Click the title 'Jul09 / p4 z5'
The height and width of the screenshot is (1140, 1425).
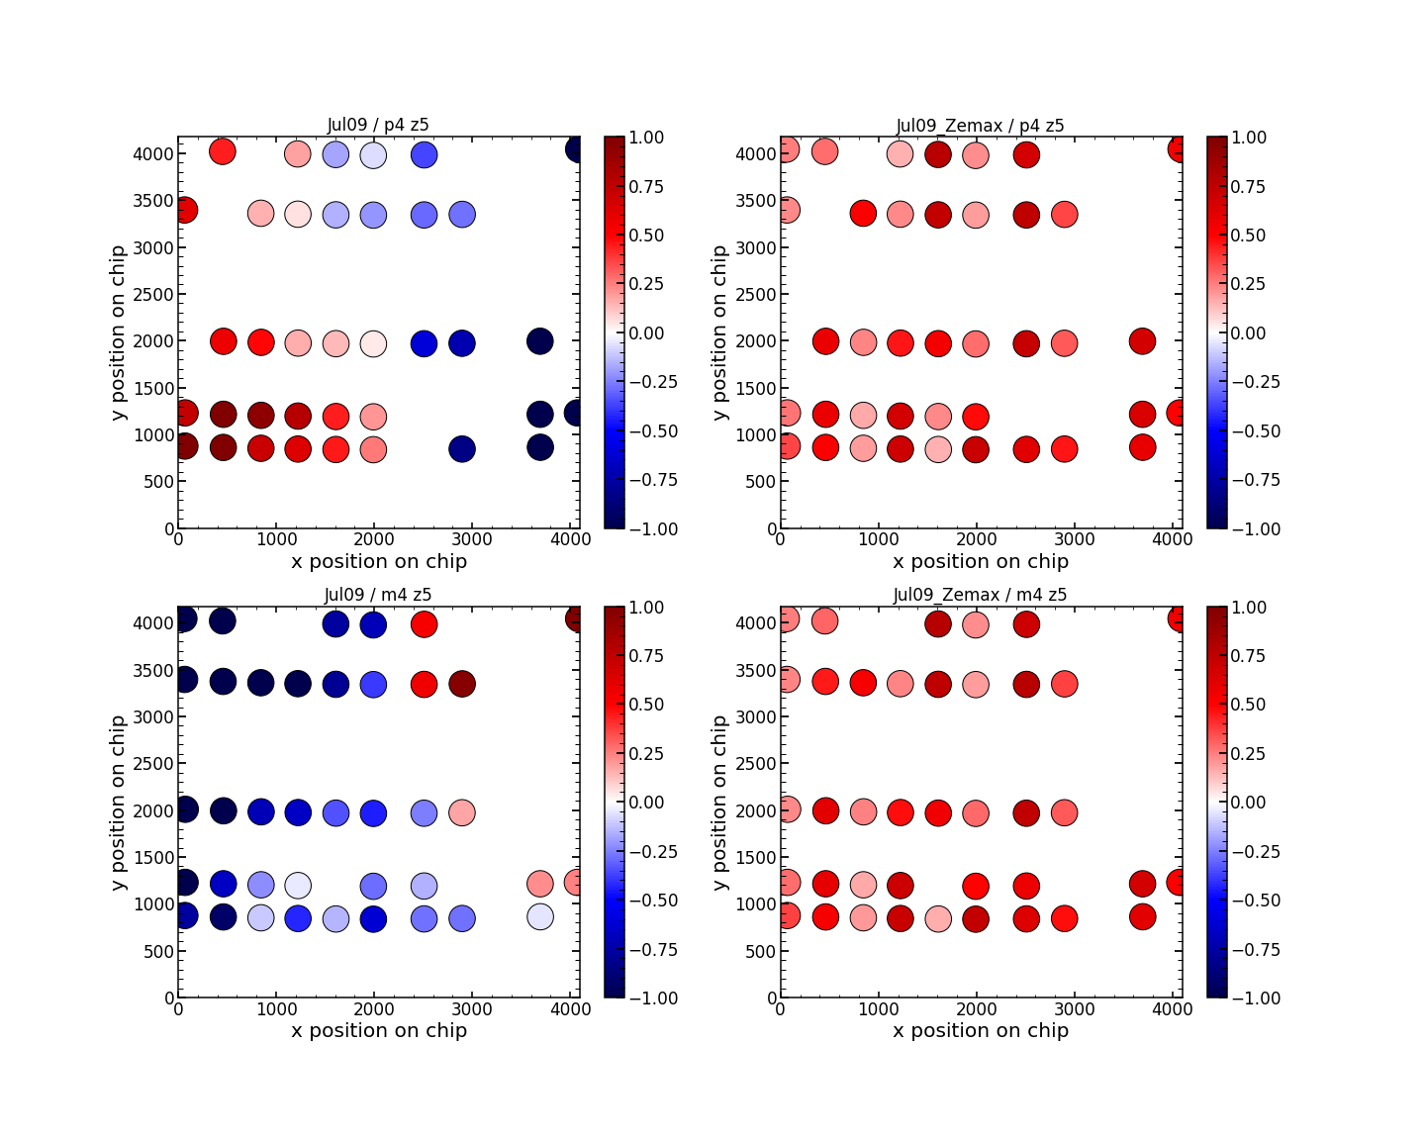tap(378, 125)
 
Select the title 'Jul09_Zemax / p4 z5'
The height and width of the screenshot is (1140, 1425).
tap(980, 126)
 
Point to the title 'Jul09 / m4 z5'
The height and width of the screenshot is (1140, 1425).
tap(378, 595)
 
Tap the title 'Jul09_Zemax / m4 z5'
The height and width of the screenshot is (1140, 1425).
tap(980, 595)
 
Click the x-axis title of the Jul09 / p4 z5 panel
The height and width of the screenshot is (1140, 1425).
tap(379, 562)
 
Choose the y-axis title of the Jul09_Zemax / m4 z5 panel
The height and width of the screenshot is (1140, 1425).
tap(719, 802)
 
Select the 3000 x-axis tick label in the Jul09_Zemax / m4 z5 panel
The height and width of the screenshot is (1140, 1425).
tap(1075, 1009)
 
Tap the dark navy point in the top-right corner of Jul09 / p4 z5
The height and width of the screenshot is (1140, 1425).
tap(578, 149)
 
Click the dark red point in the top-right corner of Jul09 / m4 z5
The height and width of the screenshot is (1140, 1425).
tap(578, 618)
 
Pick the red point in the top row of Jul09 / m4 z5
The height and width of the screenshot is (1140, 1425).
tap(424, 624)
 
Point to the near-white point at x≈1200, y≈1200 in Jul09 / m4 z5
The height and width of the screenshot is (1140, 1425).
tap(298, 885)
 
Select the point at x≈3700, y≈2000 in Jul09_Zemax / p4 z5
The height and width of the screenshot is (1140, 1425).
tap(1142, 341)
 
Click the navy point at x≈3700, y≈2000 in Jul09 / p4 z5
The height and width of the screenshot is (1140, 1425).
tap(539, 341)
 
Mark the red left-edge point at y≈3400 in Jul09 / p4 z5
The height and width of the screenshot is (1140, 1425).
tap(185, 210)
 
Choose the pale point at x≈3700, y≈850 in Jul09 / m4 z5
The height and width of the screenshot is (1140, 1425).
tap(539, 916)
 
